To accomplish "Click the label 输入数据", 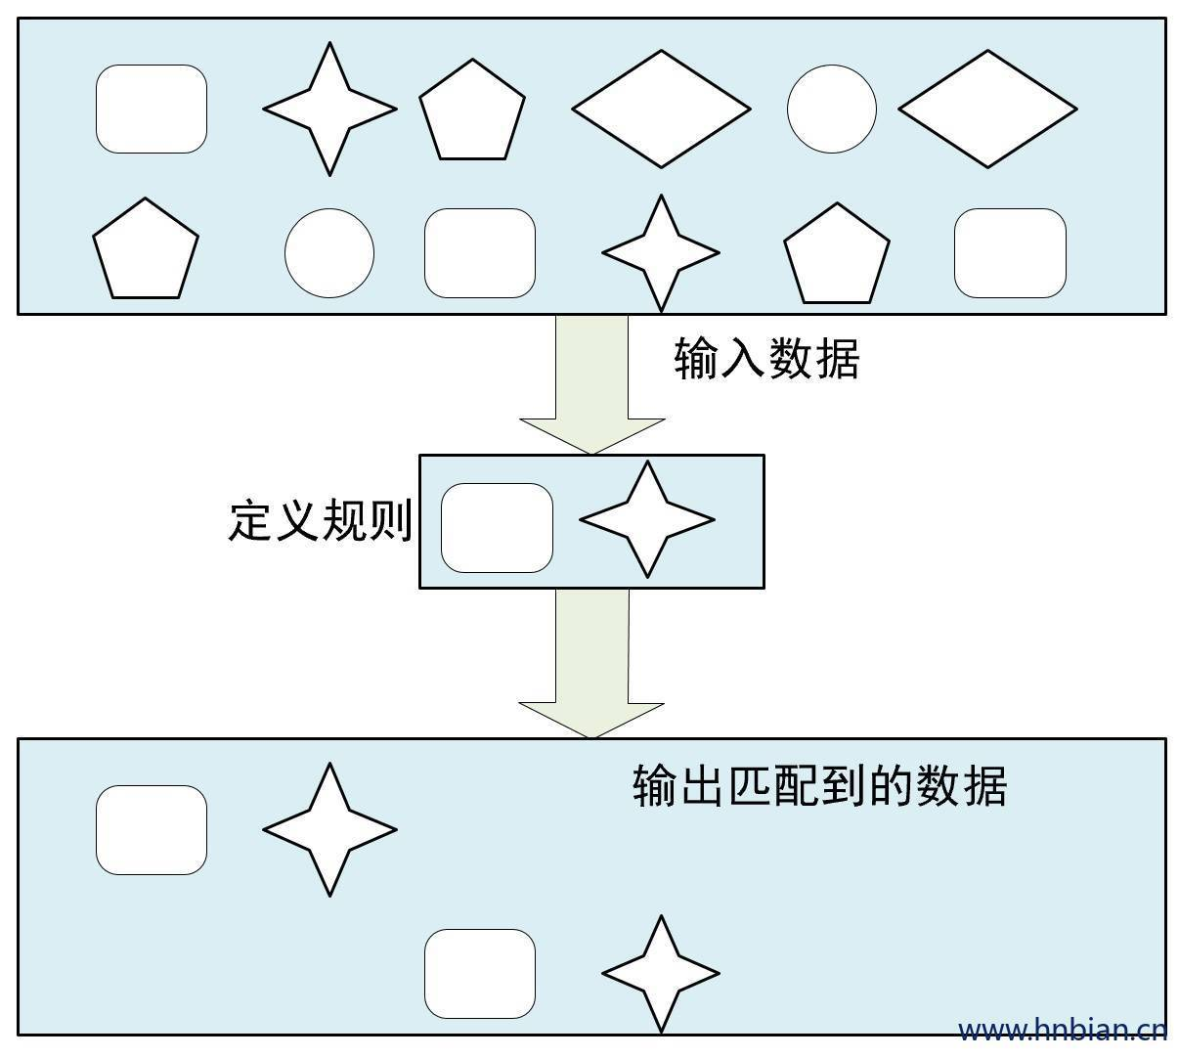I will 766,359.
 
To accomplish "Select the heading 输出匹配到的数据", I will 819,784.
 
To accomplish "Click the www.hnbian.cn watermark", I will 1062,1030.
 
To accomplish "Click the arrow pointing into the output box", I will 591,664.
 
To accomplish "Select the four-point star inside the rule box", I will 647,519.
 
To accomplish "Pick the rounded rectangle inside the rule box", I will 497,527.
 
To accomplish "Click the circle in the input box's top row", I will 831,110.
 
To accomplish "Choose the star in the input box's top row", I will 330,109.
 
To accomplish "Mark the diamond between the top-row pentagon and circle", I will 661,109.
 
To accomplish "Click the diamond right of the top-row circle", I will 987,109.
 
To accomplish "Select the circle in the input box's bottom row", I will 329,253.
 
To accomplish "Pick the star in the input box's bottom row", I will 661,252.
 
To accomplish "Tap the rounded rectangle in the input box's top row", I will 152,109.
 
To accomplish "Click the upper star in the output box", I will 330,829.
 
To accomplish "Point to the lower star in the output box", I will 661,973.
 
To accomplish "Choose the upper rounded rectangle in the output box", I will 152,829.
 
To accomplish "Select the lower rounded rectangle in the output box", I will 480,973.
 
